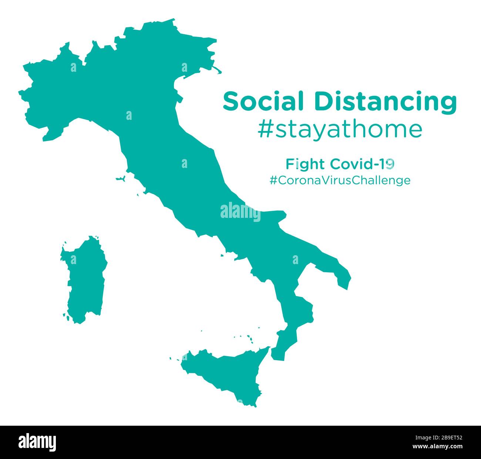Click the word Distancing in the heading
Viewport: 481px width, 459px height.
tap(385, 102)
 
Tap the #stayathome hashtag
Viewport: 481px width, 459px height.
tap(340, 129)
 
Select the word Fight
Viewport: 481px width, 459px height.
tap(305, 163)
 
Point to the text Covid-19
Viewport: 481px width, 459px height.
tap(362, 163)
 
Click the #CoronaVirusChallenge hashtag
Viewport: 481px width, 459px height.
tap(340, 180)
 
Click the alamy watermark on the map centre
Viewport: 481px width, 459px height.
tap(240, 212)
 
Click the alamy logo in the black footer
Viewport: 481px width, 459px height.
tap(37, 442)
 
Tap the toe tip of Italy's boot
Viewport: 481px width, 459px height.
tap(278, 355)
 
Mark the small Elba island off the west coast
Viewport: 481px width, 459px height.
tap(120, 179)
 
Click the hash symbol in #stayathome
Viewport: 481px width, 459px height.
tap(265, 130)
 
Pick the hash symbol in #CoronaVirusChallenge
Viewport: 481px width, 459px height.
tap(273, 180)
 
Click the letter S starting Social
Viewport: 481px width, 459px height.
tap(231, 101)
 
